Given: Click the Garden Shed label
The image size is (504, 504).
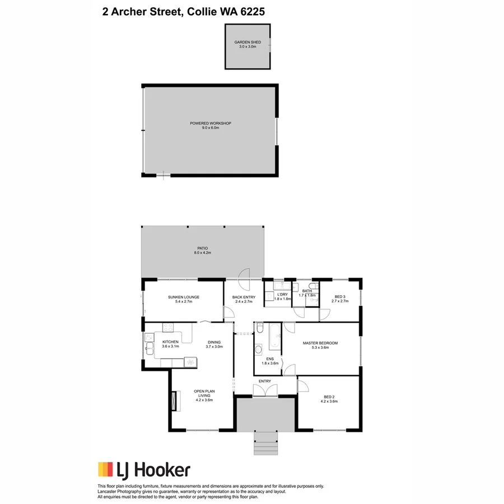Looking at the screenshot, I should [247, 42].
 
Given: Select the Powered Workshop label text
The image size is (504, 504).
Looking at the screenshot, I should [210, 123].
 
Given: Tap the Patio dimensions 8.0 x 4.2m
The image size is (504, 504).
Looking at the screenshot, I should [202, 253].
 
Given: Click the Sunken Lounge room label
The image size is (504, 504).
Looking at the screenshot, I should [184, 297].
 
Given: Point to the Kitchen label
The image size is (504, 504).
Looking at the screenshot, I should [170, 342].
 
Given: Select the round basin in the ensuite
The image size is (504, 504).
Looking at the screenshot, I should [259, 351].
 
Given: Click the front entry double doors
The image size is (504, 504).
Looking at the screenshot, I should [265, 391].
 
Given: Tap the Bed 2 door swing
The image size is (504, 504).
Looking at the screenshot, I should [302, 386].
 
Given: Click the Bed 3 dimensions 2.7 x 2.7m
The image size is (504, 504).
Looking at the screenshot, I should [340, 301].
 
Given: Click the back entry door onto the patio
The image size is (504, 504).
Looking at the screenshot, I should [245, 274].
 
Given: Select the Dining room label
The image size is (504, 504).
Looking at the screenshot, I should [214, 342].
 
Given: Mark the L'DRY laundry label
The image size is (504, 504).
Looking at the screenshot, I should [282, 295].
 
